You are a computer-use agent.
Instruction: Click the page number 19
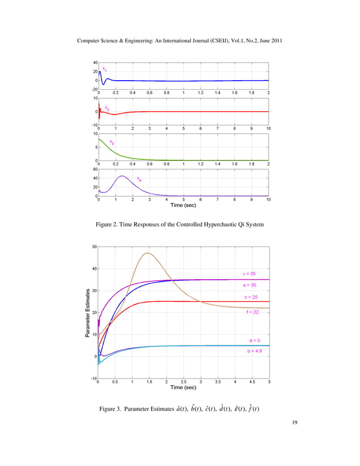[x=297, y=437]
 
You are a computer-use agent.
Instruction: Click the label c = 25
[x=251, y=297]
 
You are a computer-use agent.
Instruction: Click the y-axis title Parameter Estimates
[x=88, y=313]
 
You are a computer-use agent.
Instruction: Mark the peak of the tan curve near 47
[x=148, y=253]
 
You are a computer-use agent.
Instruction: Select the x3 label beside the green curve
[x=112, y=143]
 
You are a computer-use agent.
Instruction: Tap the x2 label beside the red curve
[x=107, y=107]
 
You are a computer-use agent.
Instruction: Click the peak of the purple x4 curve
[x=122, y=176]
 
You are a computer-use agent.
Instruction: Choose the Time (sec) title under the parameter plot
[x=183, y=388]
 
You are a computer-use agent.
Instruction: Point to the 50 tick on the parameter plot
[x=93, y=247]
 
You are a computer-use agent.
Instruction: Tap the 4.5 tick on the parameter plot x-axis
[x=252, y=382]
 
